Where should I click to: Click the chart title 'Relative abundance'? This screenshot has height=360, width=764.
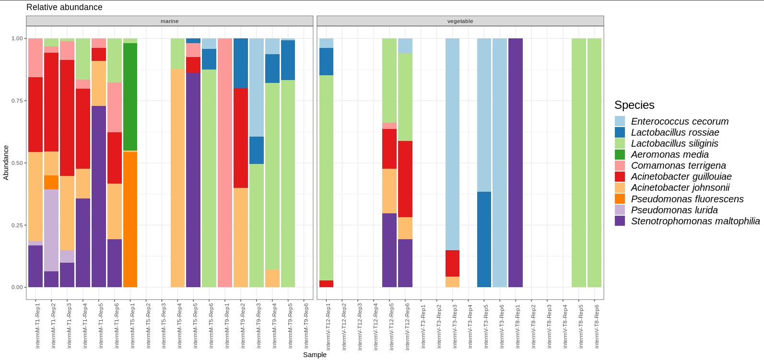tap(64, 7)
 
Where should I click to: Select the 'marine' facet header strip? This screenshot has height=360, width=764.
tap(169, 21)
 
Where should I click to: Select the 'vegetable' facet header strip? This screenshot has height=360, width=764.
tap(460, 21)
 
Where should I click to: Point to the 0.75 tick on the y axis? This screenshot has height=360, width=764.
tap(16, 101)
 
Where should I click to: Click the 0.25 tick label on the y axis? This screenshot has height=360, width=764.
tap(16, 225)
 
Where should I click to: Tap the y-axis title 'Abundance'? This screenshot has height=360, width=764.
tap(6, 163)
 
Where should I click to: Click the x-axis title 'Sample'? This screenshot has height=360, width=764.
tap(315, 355)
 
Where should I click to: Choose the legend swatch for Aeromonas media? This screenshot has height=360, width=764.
tap(620, 154)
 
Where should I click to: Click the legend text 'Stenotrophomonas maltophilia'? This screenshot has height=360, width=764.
tap(695, 221)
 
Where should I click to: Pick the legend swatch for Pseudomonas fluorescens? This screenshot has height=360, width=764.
tap(620, 199)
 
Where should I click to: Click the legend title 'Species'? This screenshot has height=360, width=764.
tap(634, 105)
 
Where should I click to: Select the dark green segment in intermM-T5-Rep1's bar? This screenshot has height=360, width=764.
tap(130, 96)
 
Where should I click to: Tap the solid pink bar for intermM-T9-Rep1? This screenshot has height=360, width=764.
tap(225, 163)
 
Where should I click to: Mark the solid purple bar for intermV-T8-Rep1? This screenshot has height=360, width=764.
tap(516, 163)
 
